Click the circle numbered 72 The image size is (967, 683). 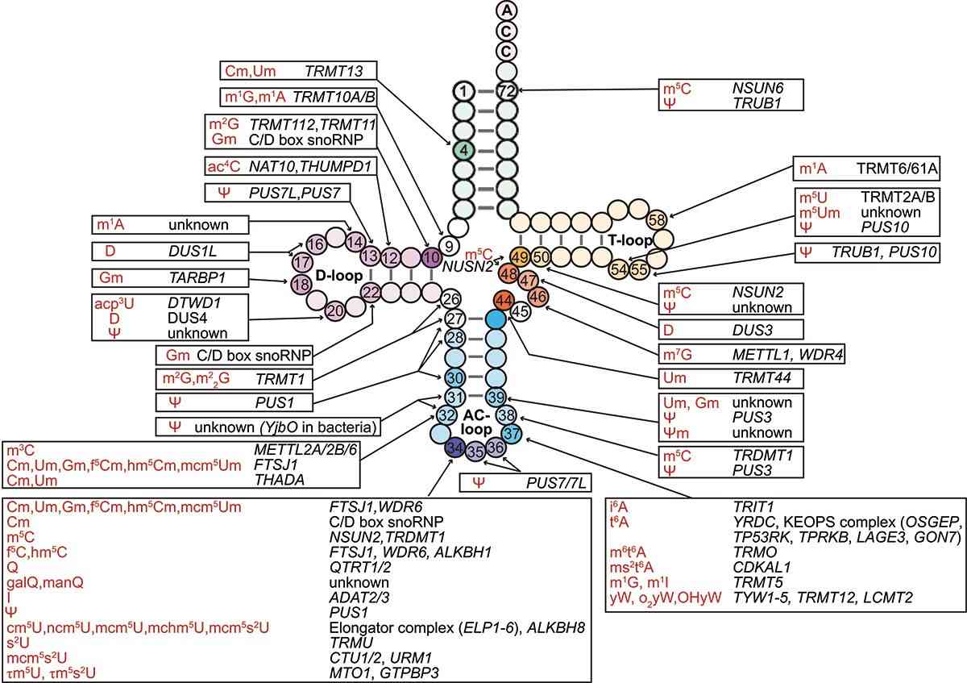click(x=506, y=90)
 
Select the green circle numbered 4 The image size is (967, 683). click(x=463, y=149)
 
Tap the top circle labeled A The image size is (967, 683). click(x=506, y=10)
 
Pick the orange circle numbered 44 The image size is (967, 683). click(x=504, y=300)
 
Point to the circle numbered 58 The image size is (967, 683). click(x=657, y=219)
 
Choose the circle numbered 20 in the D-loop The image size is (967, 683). click(x=335, y=309)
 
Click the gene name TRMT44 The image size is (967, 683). click(x=755, y=377)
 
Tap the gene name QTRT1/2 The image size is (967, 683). click(x=355, y=566)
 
